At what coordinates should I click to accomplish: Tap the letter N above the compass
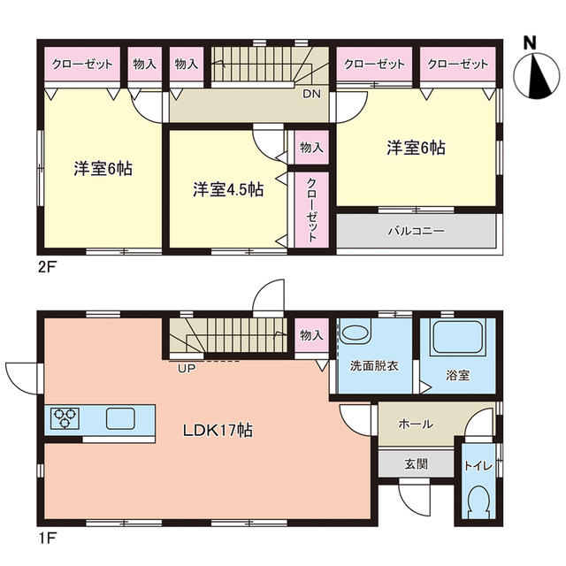pos(530,43)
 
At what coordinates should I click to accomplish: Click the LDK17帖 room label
pos(218,431)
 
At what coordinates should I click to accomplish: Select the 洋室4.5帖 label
pos(228,189)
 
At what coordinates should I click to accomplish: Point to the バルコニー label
pos(417,231)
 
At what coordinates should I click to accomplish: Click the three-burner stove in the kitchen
pos(65,418)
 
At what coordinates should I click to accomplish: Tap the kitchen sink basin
pos(120,418)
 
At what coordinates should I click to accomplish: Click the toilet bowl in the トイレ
pos(478,501)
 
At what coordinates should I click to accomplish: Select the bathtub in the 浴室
pos(458,337)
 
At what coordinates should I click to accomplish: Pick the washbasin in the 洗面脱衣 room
pos(356,333)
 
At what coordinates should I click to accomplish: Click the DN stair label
pos(311,95)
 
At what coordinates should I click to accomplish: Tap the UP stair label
pos(187,369)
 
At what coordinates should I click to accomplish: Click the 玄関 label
pos(417,463)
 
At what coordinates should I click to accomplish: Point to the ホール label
pos(416,424)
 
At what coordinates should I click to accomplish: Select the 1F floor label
pos(47,539)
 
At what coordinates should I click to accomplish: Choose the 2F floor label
pos(47,267)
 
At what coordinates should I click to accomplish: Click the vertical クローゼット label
pos(311,210)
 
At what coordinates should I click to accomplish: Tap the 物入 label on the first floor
pos(311,335)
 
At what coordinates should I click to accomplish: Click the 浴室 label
pos(458,375)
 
